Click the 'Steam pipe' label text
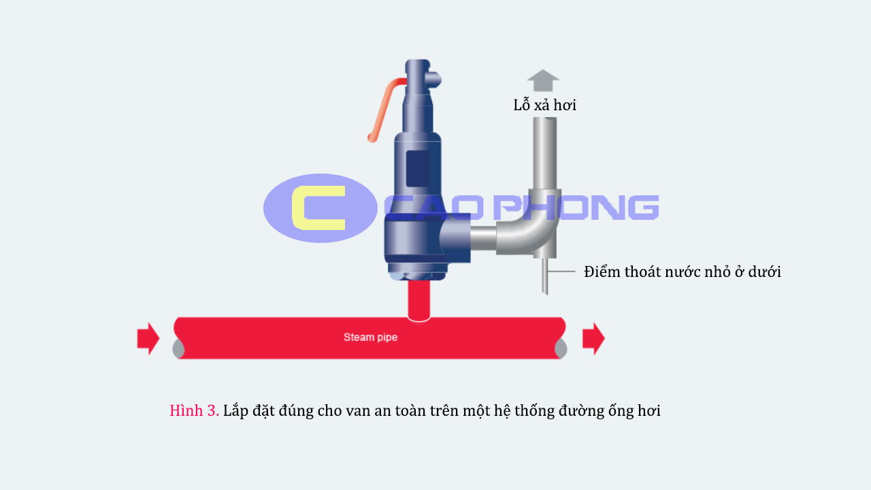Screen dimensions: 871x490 point(370,337)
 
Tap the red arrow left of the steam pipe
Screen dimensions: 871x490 point(148,338)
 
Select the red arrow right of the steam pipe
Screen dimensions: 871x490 point(593,338)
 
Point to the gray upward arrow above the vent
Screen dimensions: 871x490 point(543,80)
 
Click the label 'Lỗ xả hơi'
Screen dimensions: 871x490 point(545,105)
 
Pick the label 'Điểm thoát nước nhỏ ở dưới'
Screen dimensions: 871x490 point(683,272)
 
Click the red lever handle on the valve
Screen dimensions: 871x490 point(386,110)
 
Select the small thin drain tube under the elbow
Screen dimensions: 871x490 point(545,276)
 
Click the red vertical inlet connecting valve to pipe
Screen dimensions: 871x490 point(419,300)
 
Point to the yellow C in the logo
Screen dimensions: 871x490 point(318,208)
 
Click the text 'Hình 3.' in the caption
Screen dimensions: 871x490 point(195,410)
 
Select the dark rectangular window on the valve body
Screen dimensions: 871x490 point(418,169)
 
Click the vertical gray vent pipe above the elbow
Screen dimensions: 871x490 point(545,153)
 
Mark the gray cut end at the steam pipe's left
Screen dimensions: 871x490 point(178,348)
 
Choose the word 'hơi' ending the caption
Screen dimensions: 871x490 point(649,410)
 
